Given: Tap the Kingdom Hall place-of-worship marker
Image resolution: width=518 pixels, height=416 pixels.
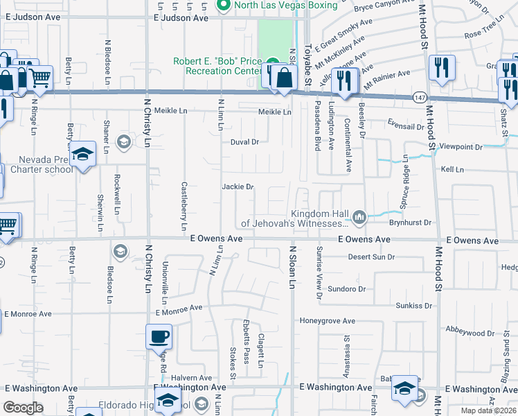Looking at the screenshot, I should click(359, 218).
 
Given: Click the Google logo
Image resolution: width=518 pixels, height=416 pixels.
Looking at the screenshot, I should click(24, 408).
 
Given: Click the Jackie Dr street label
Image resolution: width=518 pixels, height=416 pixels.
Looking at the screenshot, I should click(238, 187).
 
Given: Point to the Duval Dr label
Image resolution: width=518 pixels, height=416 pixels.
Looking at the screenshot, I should click(244, 141).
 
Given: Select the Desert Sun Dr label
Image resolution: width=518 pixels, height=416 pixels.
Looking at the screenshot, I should click(371, 257).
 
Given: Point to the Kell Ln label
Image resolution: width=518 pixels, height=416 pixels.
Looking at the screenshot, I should click(452, 169).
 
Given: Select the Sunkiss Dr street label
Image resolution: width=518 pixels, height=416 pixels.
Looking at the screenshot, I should click(414, 305).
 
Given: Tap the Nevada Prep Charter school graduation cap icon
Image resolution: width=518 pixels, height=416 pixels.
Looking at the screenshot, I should click(83, 154).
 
